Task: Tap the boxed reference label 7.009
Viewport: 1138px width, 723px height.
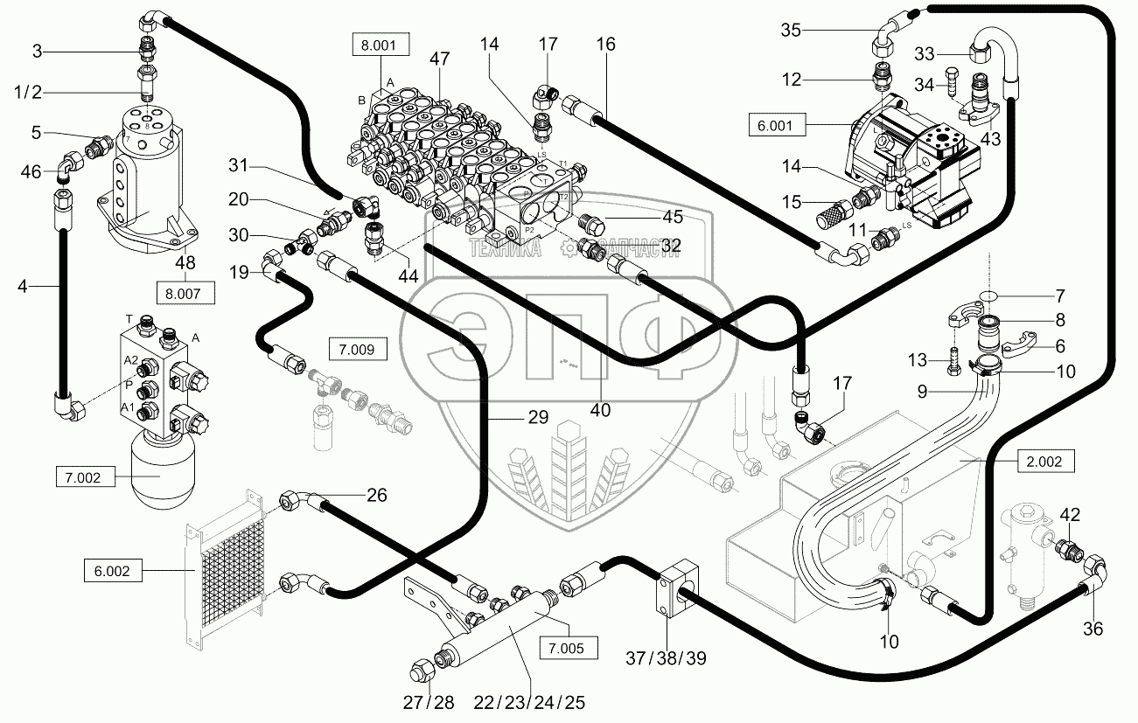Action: coord(353,351)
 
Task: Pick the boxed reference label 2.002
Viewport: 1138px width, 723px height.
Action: coord(1044,462)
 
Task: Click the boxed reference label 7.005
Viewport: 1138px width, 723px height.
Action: coord(569,648)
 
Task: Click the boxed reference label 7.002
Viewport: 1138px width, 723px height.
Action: coord(84,477)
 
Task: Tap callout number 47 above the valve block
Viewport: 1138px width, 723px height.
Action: coord(439,59)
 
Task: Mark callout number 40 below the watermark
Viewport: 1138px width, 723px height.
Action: coord(599,409)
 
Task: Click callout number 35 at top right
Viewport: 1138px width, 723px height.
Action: coord(791,31)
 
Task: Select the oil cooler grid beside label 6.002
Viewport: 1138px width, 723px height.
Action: coord(231,566)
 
